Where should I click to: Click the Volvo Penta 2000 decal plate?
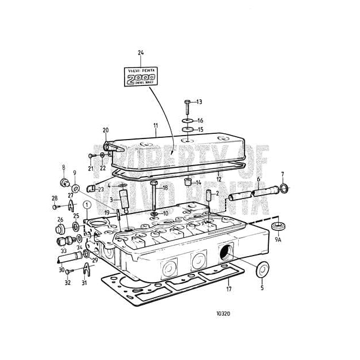coord(141,76)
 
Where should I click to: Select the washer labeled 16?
coord(187,121)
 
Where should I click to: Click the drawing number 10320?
coord(222,314)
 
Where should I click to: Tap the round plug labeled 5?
coord(262,269)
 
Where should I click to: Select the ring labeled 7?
coord(284,187)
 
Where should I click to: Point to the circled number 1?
coord(87,204)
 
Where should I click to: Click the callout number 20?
coord(106,130)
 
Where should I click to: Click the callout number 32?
coord(67,283)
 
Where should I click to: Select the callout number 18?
coord(166,188)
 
